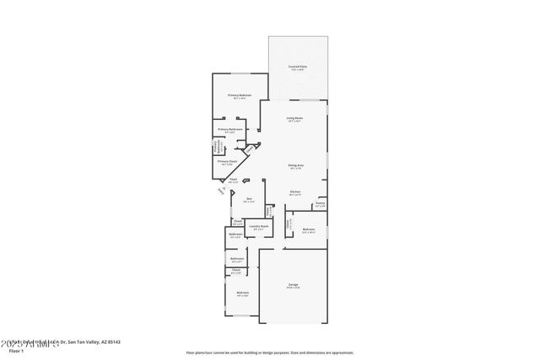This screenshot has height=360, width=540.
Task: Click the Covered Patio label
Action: [296, 66]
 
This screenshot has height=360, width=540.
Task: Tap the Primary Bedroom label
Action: [240, 95]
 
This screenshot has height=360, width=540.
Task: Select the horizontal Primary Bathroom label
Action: [230, 129]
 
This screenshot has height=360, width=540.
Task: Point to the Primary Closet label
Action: [227, 161]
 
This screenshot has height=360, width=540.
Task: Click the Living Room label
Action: [295, 118]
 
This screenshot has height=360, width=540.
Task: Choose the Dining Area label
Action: [295, 165]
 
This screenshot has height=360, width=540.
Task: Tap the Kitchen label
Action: [295, 191]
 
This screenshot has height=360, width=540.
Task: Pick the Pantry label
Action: [320, 203]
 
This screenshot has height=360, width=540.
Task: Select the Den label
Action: [249, 199]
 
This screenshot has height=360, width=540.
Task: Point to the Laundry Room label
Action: [258, 226]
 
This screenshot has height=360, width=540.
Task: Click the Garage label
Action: [293, 285]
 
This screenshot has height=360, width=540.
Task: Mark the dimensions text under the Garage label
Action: [293, 289]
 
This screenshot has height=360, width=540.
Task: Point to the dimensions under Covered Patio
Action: [296, 70]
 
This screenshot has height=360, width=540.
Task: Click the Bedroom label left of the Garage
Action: [242, 293]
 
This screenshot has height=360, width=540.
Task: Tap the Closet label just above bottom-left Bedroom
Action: [236, 270]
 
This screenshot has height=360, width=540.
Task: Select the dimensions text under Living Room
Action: [295, 122]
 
